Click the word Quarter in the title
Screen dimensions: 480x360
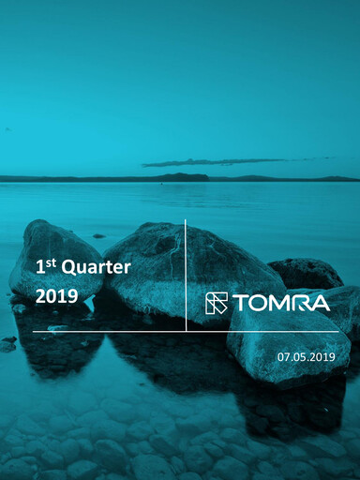point(97,267)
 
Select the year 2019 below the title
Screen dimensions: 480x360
point(55,296)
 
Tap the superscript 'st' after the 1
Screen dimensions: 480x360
point(51,262)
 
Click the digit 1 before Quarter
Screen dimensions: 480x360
point(39,268)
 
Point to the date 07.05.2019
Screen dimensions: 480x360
point(306,357)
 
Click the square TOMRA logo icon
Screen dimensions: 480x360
point(217,303)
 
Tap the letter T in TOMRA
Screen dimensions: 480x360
point(240,303)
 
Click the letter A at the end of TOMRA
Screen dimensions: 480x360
point(320,303)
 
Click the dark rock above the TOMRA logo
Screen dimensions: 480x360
point(306,273)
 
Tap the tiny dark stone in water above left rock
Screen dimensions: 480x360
point(98,235)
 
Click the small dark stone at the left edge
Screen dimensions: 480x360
point(8,341)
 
